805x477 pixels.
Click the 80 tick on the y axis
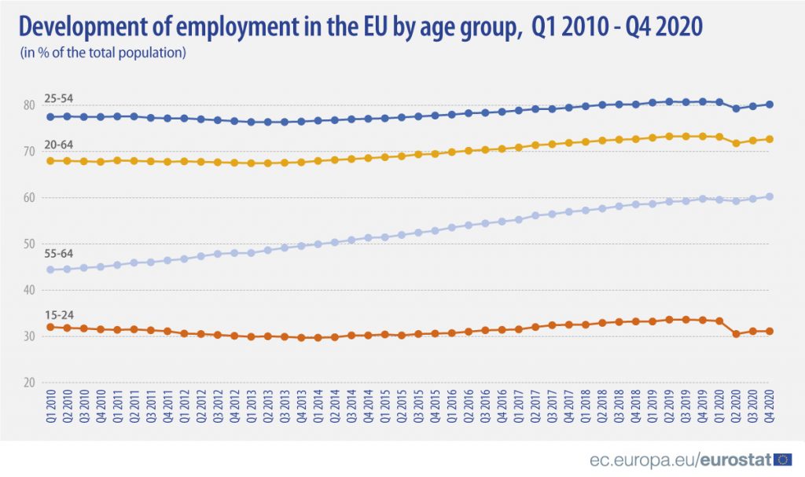tap(28, 105)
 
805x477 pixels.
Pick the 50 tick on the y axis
tap(28, 244)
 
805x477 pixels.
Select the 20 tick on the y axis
tap(28, 383)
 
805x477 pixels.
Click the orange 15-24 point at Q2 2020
tap(736, 334)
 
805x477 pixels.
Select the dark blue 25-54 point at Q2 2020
tap(736, 108)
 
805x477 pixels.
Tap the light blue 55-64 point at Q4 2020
tap(769, 196)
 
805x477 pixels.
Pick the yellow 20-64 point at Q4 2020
tap(769, 139)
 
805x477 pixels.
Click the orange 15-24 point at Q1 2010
tap(50, 327)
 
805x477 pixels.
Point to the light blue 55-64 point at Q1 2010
tap(50, 270)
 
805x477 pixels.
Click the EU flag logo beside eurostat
tap(783, 459)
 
